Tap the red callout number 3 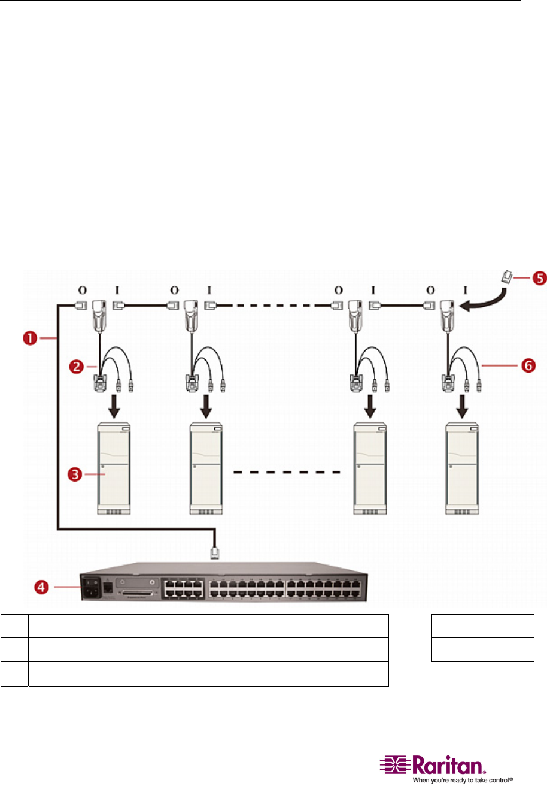click(75, 475)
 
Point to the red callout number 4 click(42, 587)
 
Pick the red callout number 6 click(528, 365)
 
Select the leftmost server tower click(114, 468)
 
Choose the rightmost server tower click(463, 468)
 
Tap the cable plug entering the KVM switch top click(215, 552)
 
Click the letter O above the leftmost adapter click(82, 291)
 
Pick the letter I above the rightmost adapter click(465, 291)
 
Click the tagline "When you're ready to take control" click(462, 781)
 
